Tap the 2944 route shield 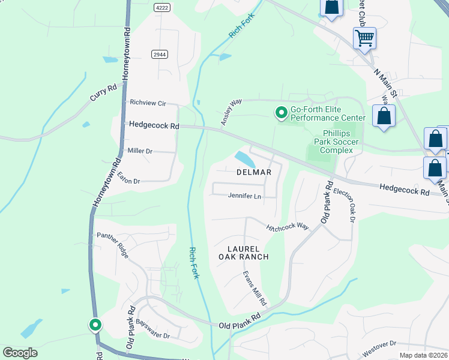tap(159, 54)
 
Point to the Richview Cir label tap(148, 103)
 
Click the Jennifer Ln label tap(245, 196)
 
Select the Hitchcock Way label tap(288, 226)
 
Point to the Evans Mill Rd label tap(254, 287)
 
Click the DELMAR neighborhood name tap(254, 172)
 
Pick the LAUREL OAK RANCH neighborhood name tap(243, 253)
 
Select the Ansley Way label tap(231, 112)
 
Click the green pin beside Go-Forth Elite tap(280, 112)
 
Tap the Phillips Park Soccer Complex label tap(340, 142)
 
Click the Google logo tap(20, 353)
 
